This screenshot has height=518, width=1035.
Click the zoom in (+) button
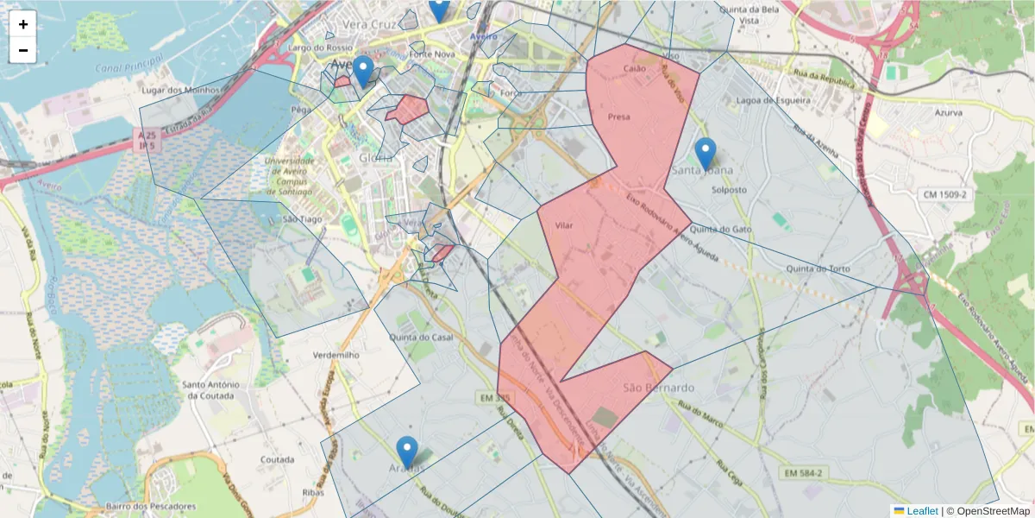23,24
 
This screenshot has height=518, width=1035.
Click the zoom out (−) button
23,50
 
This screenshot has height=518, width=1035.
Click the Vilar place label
564,225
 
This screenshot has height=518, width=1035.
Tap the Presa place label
618,117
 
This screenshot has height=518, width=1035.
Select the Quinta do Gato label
721,229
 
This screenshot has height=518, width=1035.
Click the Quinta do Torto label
818,269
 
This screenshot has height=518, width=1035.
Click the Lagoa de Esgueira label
774,101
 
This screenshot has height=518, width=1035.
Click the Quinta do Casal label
422,337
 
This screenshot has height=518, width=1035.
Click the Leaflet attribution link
921,511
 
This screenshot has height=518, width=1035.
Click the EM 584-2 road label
806,473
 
